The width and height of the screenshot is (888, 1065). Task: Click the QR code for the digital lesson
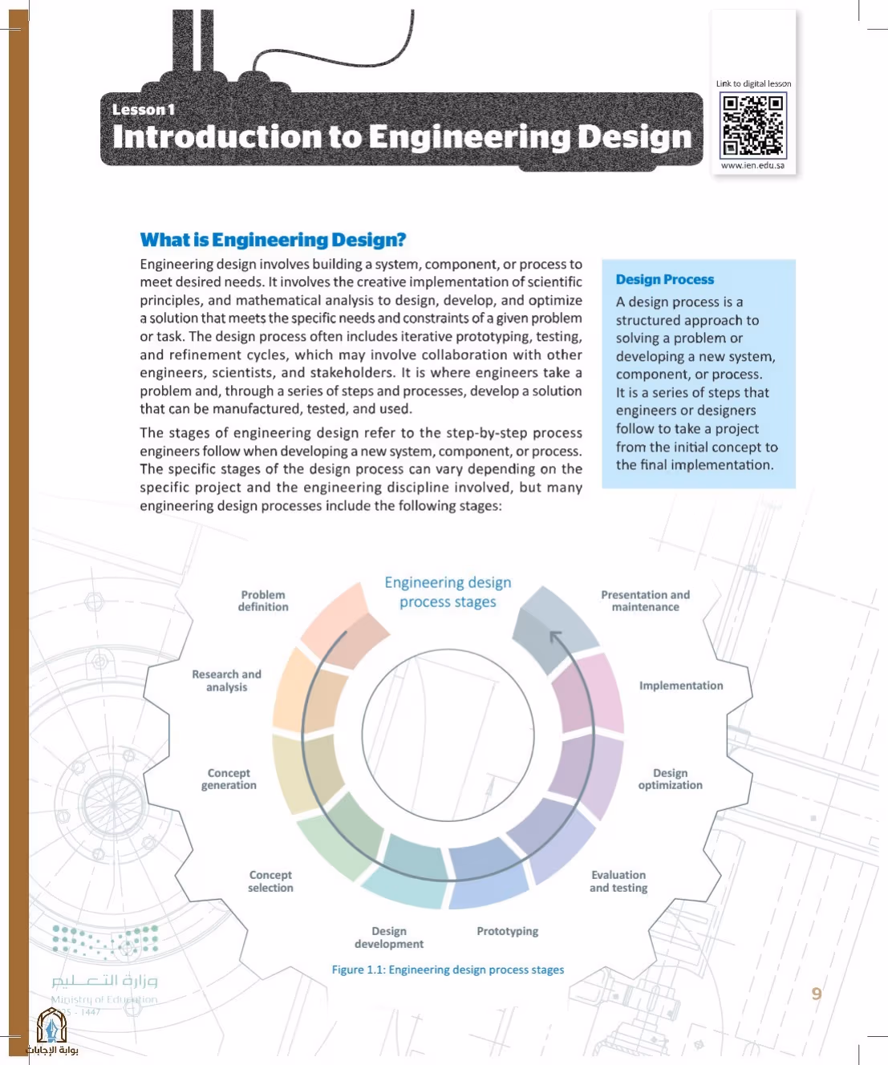[752, 125]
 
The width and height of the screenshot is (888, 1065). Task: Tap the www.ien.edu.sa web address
[752, 165]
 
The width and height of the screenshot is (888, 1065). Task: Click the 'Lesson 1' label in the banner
[144, 110]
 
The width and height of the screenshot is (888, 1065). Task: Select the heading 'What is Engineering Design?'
[273, 240]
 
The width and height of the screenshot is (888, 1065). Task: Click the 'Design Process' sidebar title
[664, 280]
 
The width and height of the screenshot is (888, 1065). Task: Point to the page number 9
[817, 994]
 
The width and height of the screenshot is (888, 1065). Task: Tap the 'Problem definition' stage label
[263, 601]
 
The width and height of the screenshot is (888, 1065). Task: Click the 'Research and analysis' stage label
[226, 680]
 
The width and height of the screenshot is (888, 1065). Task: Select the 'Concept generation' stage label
[229, 779]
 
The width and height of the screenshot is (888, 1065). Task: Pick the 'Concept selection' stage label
[270, 881]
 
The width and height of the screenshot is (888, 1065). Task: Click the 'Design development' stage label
[389, 937]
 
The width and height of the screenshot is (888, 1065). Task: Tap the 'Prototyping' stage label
[507, 931]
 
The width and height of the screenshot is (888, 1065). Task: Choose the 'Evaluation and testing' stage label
[618, 881]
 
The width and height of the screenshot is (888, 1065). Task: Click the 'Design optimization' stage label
[670, 779]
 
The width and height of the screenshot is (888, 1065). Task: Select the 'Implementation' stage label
[681, 686]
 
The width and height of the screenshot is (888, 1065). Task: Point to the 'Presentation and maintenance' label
[645, 601]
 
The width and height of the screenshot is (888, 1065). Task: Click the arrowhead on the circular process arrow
[555, 635]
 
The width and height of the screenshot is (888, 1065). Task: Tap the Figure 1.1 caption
[448, 970]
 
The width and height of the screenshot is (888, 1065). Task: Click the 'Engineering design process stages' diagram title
[448, 592]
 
